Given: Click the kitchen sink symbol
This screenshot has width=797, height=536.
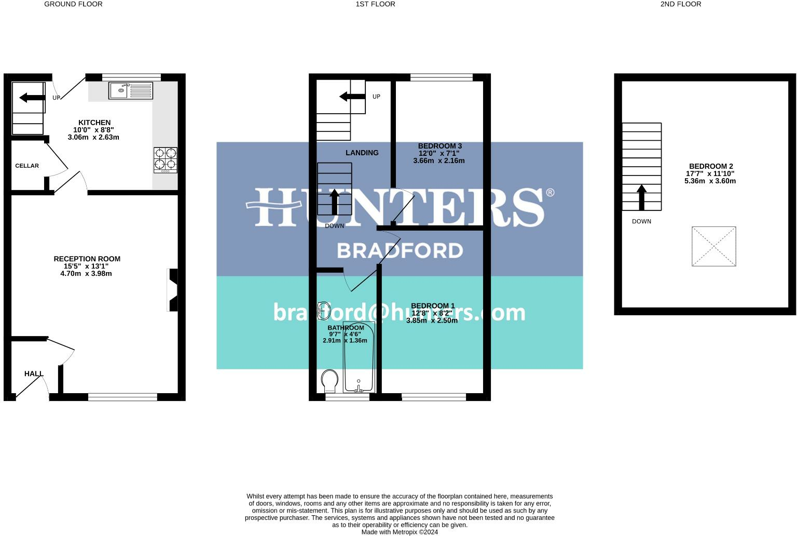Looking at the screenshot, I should [131, 90].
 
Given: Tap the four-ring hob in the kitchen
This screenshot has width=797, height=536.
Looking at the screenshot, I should [166, 160].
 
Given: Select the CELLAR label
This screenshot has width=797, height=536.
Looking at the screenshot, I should [27, 166].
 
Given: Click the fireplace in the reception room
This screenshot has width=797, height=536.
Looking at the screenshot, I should [173, 290].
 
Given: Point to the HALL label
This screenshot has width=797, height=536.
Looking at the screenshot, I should [34, 373].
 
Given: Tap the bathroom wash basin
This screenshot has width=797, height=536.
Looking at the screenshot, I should [324, 310].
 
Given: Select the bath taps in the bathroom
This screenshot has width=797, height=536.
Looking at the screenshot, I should [358, 387].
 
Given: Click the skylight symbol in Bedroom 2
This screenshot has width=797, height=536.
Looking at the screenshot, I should [713, 246].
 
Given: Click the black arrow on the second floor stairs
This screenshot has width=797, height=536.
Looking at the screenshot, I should [641, 197].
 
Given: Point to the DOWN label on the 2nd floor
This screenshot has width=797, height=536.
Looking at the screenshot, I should [641, 221].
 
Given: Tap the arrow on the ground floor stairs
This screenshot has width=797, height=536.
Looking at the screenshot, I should [32, 98].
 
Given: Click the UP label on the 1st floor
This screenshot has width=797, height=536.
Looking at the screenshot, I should [376, 97].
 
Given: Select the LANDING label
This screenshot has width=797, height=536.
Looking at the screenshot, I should [362, 153].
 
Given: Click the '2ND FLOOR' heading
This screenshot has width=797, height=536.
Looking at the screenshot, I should [680, 4].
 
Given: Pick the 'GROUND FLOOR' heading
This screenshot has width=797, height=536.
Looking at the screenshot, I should [73, 4].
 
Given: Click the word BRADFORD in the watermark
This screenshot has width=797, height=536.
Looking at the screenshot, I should [400, 251].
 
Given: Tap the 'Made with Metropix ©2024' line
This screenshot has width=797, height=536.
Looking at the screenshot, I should [400, 532].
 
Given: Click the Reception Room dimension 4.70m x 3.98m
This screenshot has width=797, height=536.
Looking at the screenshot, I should [86, 273].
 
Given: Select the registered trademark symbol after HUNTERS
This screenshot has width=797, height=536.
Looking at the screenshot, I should [550, 193].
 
